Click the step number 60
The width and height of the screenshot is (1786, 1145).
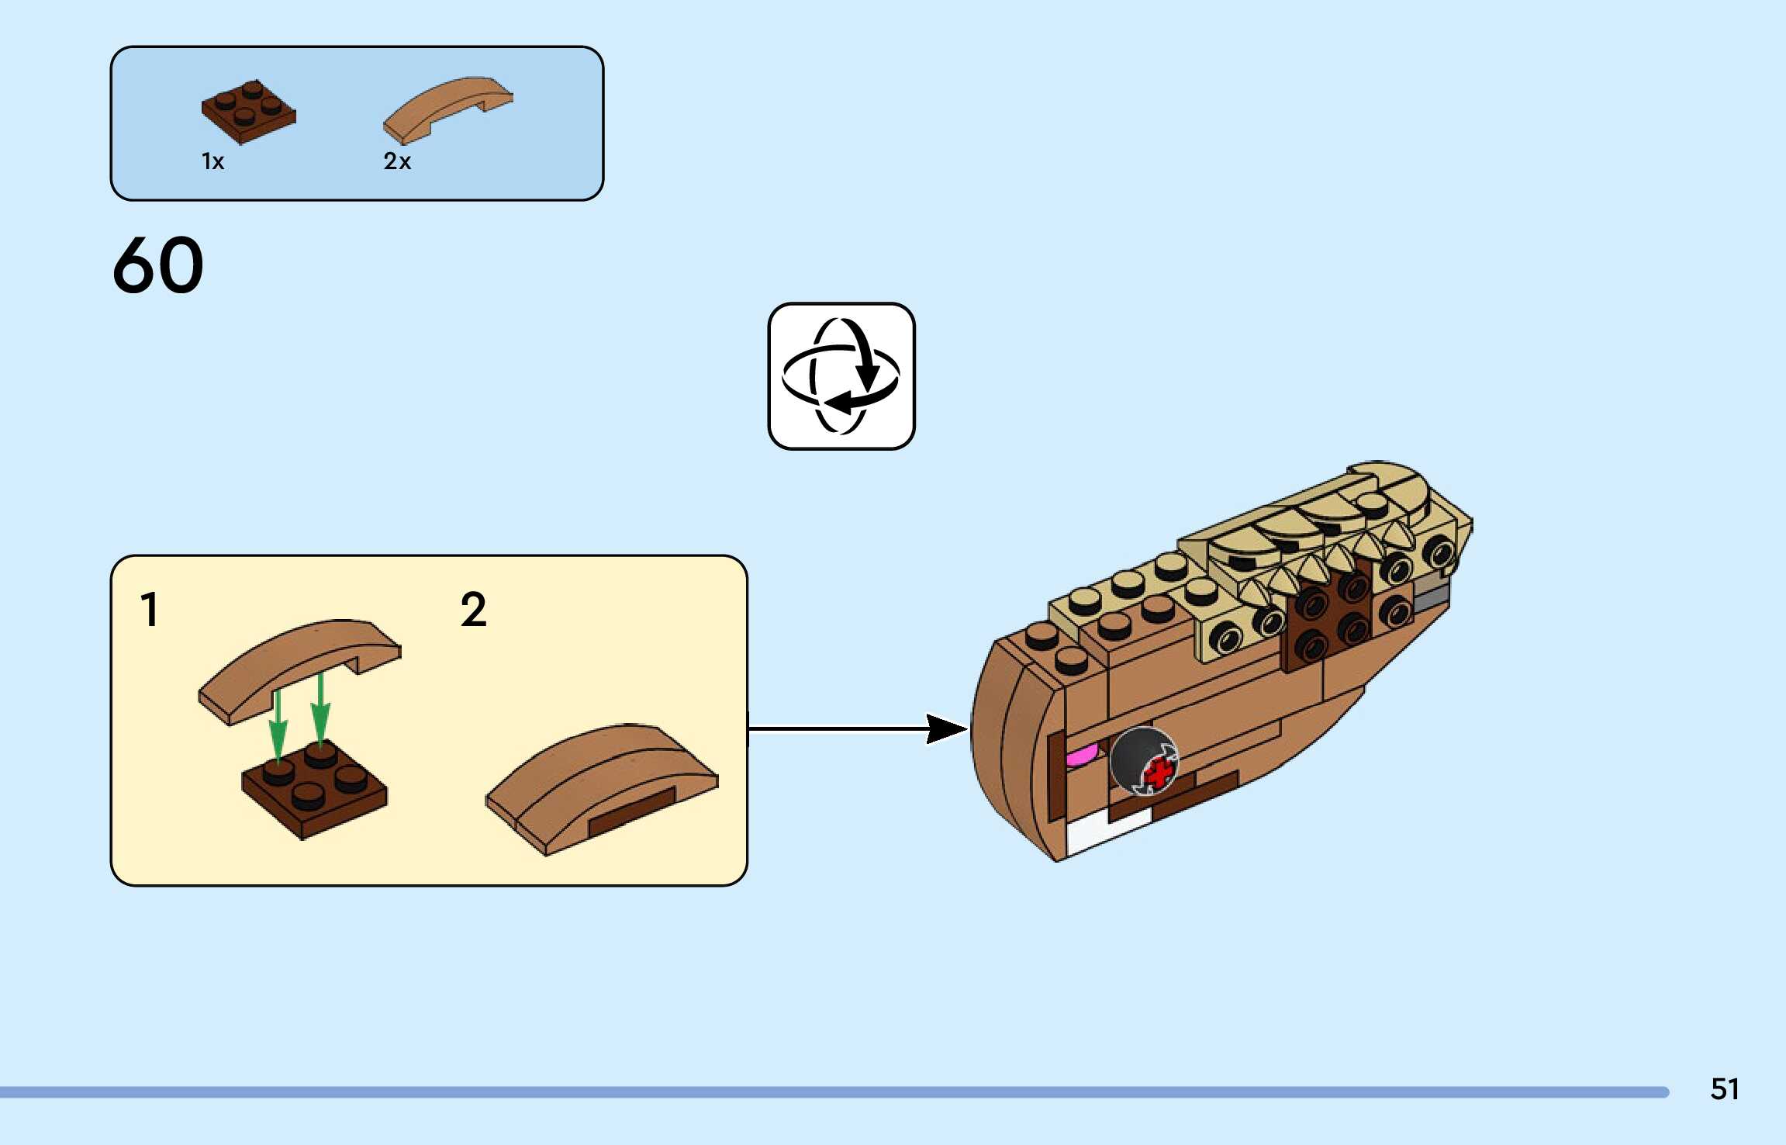click(158, 265)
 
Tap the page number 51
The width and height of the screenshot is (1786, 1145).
click(1724, 1089)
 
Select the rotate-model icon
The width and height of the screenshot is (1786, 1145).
click(841, 376)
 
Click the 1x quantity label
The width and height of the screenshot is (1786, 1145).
click(212, 161)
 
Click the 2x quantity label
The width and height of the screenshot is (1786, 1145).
click(397, 161)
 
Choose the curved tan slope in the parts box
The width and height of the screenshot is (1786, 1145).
click(447, 109)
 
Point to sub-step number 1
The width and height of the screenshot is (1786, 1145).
click(150, 609)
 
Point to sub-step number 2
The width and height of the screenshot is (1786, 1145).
click(473, 609)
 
